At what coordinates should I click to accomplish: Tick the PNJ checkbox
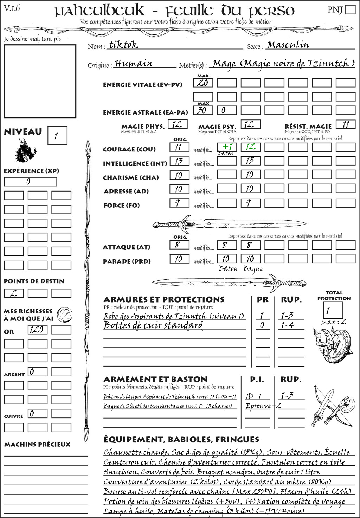pos(350,9)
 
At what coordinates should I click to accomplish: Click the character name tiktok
pos(123,45)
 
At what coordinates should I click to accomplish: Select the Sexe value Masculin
pos(288,45)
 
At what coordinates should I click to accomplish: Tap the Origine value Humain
pos(134,64)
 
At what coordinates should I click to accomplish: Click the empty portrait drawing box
pos(40,81)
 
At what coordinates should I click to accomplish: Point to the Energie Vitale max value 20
pos(203,83)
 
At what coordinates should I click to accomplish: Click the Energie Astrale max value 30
pos(203,110)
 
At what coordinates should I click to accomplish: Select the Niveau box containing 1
pos(57,136)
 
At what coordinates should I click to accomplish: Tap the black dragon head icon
pos(26,151)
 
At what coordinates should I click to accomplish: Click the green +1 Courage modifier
pos(227,147)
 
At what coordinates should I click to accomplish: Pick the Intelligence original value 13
pos(179,161)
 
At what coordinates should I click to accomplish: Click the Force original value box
pos(179,203)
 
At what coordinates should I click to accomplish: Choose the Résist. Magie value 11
pos(346,124)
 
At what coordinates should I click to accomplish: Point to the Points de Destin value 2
pos(13,293)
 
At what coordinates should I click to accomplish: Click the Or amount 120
pos(37,330)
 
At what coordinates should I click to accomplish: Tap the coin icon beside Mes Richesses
pos(65,314)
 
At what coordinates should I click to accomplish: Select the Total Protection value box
pos(333,310)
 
